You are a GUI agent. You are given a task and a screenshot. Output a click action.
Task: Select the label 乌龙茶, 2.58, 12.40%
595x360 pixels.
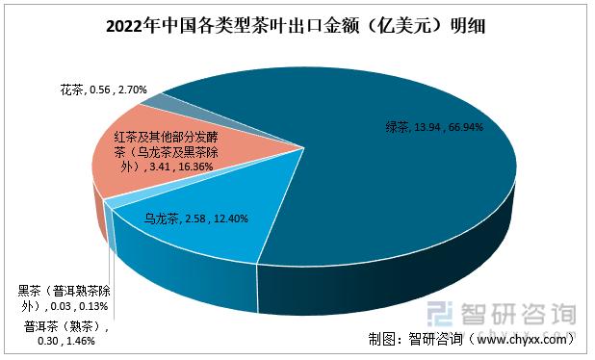[195, 219]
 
